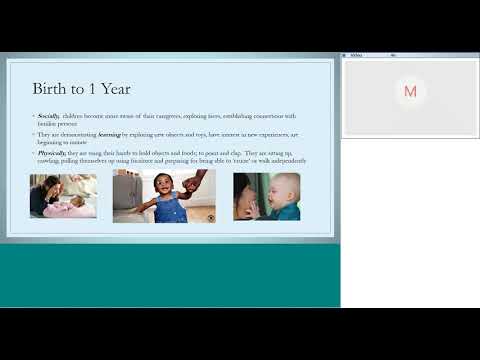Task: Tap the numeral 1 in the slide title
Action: tap(104, 88)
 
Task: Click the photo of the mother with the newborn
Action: tap(63, 196)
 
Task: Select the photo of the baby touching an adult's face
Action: tap(266, 196)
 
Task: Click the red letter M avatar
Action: tap(410, 91)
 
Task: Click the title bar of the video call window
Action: tap(410, 55)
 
